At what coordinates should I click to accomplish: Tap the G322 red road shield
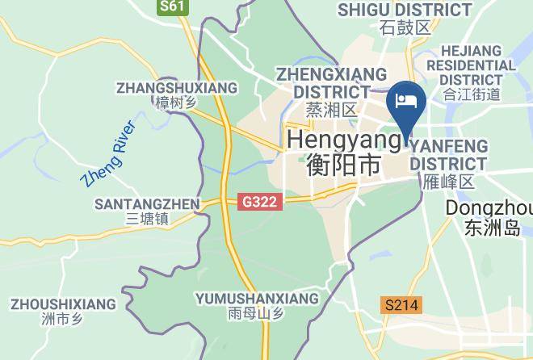261,203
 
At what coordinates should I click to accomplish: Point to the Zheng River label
109,153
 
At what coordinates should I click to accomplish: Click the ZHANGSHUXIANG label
177,87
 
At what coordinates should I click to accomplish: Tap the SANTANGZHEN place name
147,203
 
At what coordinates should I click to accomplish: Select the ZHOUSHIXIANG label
63,303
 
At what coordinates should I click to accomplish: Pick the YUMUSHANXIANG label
257,299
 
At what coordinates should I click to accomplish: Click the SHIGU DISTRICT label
405,10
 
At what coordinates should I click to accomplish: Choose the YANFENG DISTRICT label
449,154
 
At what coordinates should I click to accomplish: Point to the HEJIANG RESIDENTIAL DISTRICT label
472,65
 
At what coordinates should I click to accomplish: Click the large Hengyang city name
344,140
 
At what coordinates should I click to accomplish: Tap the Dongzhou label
489,207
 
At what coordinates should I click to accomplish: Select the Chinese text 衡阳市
344,165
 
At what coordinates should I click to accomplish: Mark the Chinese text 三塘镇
147,219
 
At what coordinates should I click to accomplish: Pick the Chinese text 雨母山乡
257,314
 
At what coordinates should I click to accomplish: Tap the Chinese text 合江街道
472,95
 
